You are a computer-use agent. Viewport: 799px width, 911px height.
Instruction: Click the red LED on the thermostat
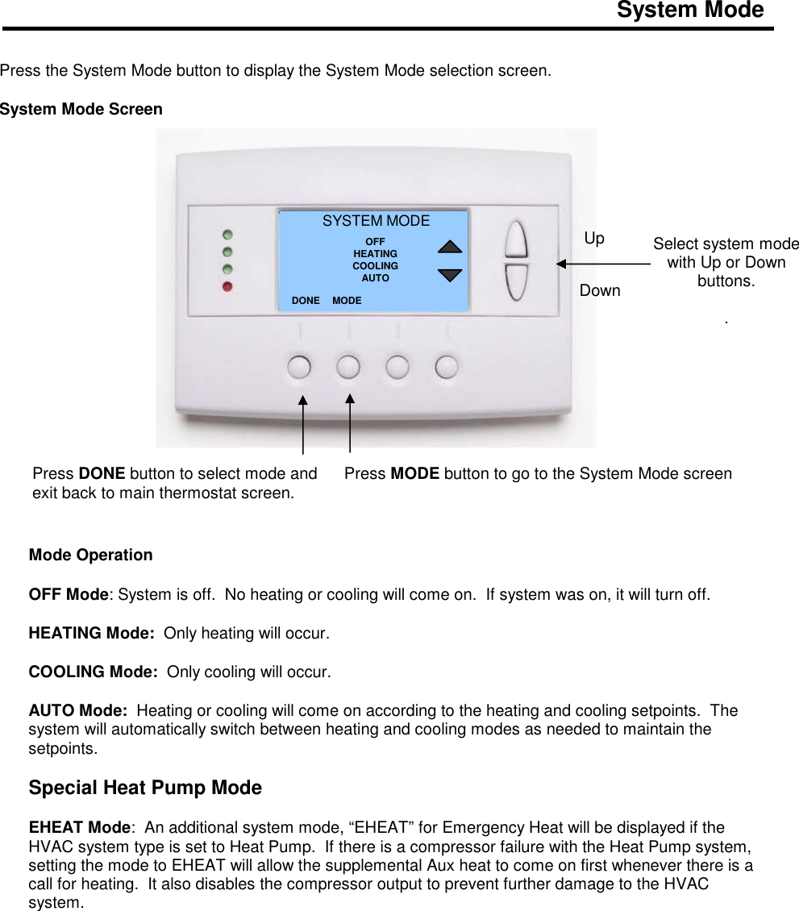(x=229, y=286)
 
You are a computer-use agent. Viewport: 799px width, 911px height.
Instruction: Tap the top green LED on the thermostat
(x=229, y=235)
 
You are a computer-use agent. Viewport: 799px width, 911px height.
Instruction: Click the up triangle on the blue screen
(x=450, y=246)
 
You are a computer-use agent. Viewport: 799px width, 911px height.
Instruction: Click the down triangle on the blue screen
(x=450, y=275)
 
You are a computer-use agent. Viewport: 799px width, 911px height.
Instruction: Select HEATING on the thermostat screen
(x=375, y=254)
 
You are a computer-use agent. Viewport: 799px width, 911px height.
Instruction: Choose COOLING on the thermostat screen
(x=375, y=266)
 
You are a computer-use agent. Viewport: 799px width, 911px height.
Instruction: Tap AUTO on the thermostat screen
(x=375, y=278)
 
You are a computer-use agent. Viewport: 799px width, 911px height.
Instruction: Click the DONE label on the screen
(x=306, y=301)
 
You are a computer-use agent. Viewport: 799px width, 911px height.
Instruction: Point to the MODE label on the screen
(x=347, y=301)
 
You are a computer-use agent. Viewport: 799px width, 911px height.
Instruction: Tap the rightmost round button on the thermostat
(x=447, y=367)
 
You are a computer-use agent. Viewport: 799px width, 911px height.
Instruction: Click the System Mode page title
(x=689, y=10)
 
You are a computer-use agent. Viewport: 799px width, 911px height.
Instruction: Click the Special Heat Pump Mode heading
(x=145, y=788)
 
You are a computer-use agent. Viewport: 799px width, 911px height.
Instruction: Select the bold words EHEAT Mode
(x=79, y=828)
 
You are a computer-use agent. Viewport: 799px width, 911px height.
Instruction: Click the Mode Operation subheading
(x=90, y=555)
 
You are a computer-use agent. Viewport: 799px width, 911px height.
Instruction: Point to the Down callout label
(x=600, y=291)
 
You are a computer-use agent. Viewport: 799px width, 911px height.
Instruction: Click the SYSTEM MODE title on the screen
(x=376, y=221)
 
